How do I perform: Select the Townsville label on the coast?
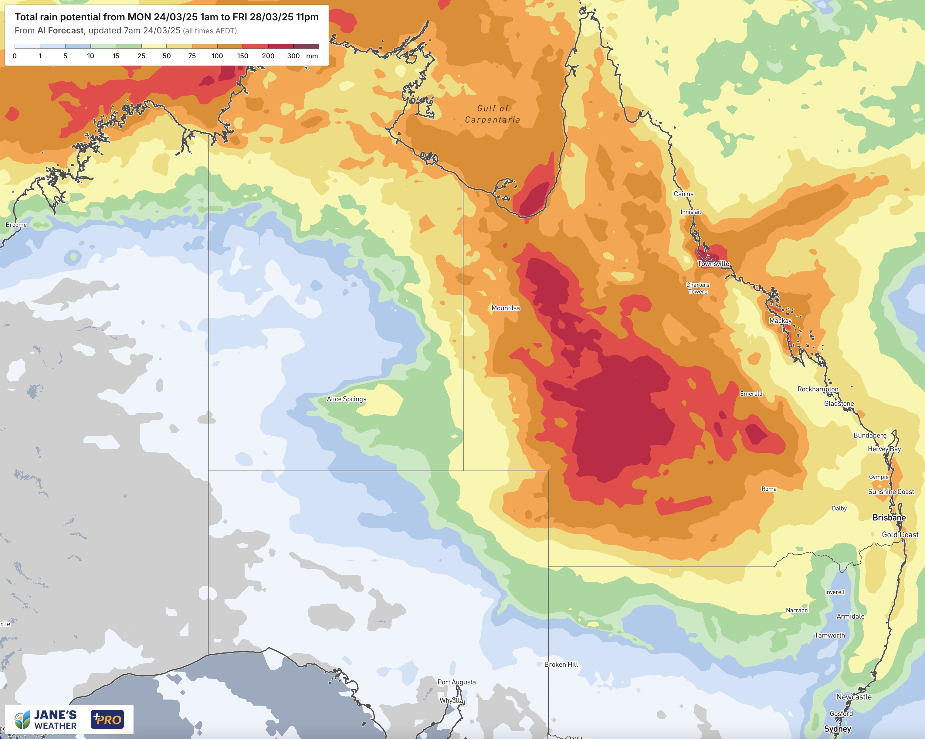tap(713, 264)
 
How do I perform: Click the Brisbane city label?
tap(889, 518)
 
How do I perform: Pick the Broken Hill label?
tap(561, 664)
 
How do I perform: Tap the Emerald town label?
tap(751, 393)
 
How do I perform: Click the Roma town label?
tap(769, 489)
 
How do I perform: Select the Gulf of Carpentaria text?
tap(493, 114)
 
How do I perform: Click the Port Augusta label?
tap(456, 682)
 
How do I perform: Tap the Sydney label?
tap(837, 729)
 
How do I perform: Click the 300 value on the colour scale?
tap(293, 56)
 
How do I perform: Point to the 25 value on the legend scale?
tap(141, 56)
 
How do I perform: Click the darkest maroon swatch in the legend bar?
tap(306, 46)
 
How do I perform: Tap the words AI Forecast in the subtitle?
tap(60, 30)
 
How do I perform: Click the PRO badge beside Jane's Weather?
tap(107, 720)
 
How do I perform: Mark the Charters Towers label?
tap(698, 288)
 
